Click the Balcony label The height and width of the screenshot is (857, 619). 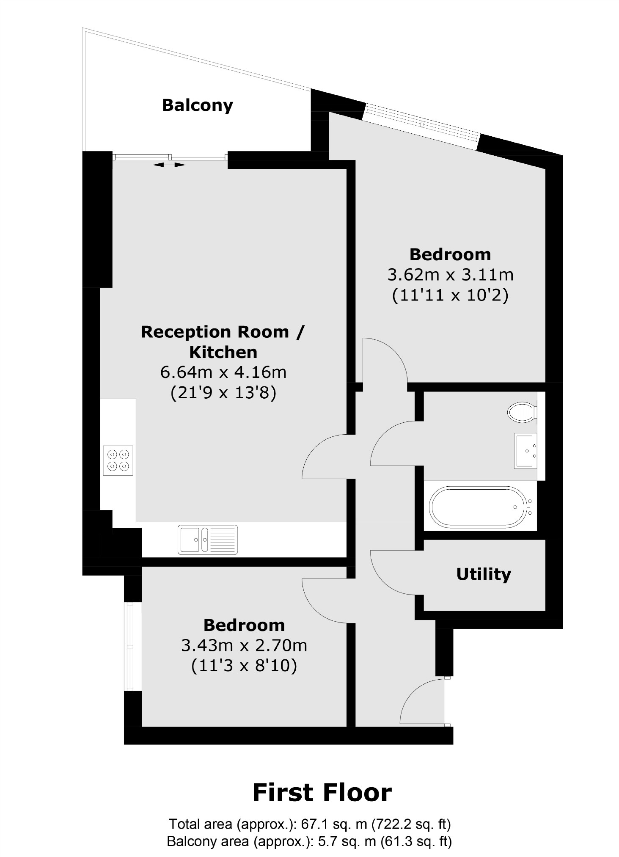tap(197, 105)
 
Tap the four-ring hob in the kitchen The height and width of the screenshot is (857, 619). tap(118, 460)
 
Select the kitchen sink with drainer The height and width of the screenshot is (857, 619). tap(207, 539)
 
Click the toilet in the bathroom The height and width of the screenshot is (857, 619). tap(522, 412)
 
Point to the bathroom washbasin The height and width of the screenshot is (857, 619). tap(525, 451)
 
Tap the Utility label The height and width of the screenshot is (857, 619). tap(483, 574)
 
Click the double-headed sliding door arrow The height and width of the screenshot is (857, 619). tap(169, 165)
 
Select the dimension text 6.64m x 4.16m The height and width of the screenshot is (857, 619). tap(223, 372)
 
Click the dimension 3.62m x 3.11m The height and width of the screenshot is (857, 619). tap(450, 275)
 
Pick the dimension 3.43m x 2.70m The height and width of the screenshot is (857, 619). tap(244, 645)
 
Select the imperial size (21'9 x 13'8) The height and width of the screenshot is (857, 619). tap(223, 393)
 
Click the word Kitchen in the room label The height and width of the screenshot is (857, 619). tap(223, 352)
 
